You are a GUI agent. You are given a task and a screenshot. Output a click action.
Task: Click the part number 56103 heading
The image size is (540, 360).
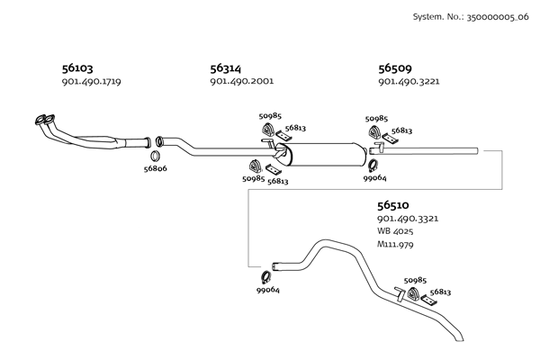[77, 67]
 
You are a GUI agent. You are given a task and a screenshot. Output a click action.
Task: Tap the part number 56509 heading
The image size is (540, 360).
[395, 67]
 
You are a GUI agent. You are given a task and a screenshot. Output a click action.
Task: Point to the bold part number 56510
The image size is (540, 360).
[395, 204]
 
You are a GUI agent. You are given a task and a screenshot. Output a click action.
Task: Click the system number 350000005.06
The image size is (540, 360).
[490, 17]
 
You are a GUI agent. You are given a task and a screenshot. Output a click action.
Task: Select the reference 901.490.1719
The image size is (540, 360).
[91, 82]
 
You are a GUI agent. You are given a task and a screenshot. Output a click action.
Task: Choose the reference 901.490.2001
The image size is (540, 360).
[241, 82]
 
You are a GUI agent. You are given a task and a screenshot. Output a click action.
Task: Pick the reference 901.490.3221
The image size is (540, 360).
[409, 82]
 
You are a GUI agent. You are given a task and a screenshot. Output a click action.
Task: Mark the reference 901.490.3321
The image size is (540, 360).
[409, 219]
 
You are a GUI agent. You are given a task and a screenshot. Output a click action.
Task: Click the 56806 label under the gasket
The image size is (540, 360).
[156, 168]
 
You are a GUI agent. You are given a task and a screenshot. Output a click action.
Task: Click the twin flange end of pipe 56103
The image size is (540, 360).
[40, 119]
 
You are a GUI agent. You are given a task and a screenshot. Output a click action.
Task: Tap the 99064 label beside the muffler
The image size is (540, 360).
[374, 177]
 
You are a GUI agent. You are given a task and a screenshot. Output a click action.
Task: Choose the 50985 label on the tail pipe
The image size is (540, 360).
[416, 281]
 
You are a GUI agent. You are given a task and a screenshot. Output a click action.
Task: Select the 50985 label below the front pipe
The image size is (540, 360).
[253, 178]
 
